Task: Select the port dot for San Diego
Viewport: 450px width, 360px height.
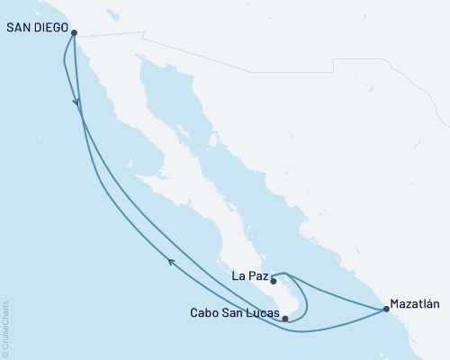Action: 75,33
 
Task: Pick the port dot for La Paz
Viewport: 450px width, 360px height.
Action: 274,281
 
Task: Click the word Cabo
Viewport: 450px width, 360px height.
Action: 203,313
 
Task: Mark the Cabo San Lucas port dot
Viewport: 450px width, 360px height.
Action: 285,318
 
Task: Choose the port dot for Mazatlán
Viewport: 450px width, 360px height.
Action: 386,310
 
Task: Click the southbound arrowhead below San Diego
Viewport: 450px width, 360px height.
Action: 77,106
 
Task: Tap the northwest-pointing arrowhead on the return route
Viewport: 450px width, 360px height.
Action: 171,261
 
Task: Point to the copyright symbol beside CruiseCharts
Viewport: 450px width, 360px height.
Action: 6,354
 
